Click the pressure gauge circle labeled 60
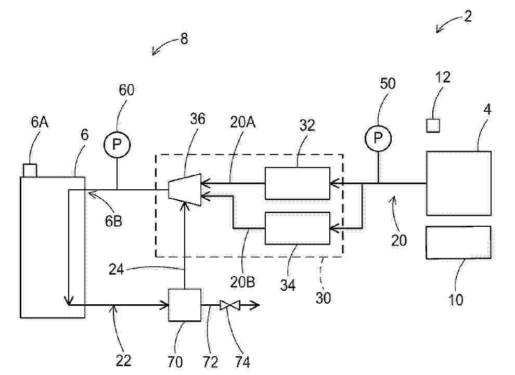117,145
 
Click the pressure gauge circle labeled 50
378,138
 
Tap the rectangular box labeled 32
298,183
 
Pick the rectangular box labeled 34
298,228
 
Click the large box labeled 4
459,183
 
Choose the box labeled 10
459,243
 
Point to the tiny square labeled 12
433,126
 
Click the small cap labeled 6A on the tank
30,171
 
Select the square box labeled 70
185,305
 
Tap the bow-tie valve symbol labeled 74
230,305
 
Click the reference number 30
323,298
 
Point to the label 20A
243,122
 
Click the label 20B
242,282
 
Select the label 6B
113,221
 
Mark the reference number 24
117,270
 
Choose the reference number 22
123,361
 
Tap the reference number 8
184,38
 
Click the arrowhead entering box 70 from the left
164,305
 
